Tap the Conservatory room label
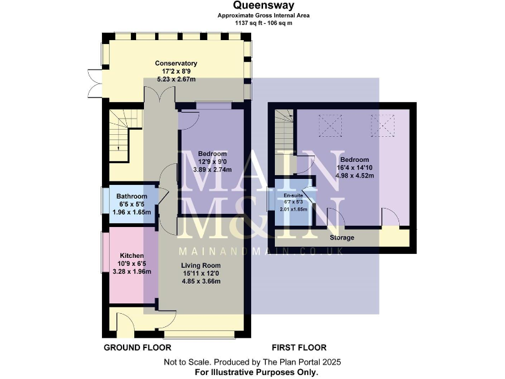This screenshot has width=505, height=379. click(176, 63)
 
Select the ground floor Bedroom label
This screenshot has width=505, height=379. click(212, 154)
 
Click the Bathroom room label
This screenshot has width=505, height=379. click(132, 196)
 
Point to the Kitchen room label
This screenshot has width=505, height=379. click(132, 255)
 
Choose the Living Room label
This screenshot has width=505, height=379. click(201, 265)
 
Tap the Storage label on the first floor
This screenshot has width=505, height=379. click(342, 238)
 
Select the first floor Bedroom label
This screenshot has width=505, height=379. click(354, 160)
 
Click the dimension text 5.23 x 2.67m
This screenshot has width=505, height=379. click(176, 79)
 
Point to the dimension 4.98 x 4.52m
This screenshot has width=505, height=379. click(354, 176)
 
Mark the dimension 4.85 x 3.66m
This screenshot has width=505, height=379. click(201, 281)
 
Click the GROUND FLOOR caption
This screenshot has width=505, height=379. click(137, 347)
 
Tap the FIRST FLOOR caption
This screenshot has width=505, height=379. click(299, 347)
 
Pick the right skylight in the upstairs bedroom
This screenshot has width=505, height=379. click(379, 123)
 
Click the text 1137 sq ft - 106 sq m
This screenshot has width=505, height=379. click(253, 22)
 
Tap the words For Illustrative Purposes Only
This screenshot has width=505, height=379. click(252, 372)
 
